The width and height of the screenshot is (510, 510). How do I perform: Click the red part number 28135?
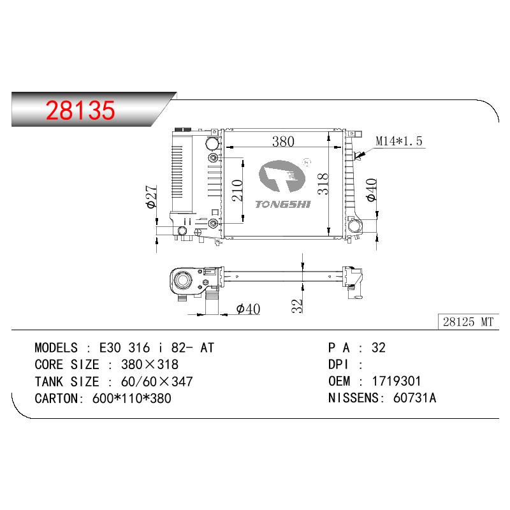click(x=80, y=110)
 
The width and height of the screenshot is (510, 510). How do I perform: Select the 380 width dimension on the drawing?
click(x=283, y=142)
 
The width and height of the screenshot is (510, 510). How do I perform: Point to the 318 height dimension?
click(x=323, y=184)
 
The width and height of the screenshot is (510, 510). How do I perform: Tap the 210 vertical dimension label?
click(x=237, y=190)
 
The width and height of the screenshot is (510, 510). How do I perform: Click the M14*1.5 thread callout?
click(x=399, y=141)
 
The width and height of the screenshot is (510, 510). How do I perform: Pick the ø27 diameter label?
click(x=152, y=197)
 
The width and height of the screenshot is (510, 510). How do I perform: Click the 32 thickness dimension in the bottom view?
click(x=296, y=306)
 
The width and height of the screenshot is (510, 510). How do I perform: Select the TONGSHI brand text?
click(x=283, y=204)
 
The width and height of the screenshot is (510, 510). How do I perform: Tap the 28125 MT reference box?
click(x=469, y=322)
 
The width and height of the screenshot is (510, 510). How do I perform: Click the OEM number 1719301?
click(x=396, y=381)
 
